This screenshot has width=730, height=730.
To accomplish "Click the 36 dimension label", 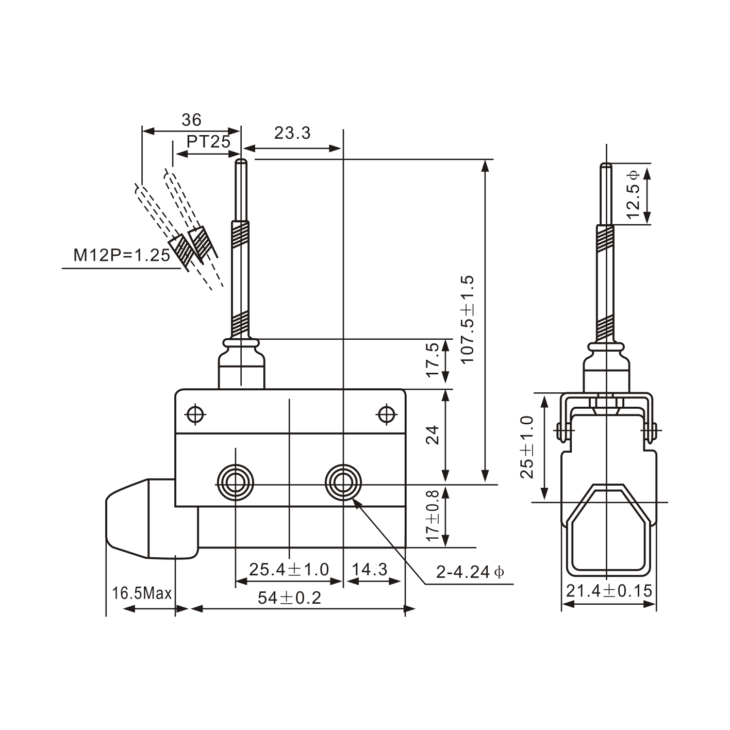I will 191,120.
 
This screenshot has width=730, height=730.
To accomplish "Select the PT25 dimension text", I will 208,141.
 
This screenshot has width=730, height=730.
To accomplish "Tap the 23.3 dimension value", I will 292,133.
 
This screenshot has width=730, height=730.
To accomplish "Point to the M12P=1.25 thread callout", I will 122,255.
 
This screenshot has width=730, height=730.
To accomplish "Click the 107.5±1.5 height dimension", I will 468,320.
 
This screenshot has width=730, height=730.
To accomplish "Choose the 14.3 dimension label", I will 370,569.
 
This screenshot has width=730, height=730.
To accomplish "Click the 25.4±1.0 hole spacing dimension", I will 289,569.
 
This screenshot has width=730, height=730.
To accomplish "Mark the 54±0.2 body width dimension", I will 289,598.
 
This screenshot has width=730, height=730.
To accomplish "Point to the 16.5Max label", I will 142,593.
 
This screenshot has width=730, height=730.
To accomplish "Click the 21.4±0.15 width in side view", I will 609,591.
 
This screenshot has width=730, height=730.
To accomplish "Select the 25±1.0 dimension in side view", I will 527,447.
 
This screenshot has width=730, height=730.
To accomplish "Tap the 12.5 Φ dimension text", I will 634,194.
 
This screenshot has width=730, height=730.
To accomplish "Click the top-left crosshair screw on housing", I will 195,414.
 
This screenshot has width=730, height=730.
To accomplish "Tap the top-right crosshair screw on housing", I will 386,414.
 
